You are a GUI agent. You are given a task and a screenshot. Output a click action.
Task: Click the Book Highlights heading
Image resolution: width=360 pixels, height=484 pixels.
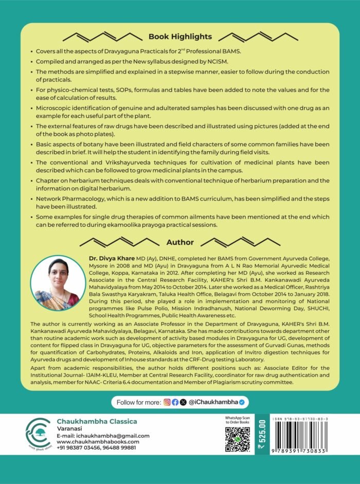[179, 37]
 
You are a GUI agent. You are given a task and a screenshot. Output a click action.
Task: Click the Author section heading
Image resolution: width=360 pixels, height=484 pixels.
[179, 242]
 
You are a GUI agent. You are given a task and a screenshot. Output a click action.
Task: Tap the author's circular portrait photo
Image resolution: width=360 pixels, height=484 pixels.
[58, 283]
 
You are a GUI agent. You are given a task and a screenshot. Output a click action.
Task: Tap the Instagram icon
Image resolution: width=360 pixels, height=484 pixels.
[167, 401]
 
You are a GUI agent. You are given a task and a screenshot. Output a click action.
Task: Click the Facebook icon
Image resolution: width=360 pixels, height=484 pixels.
[175, 401]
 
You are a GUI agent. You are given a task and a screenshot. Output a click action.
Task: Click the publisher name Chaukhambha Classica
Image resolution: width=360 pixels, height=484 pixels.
[97, 421]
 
